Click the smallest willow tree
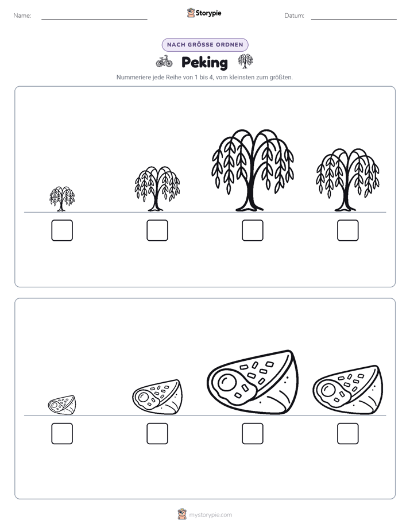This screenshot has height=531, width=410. click(x=62, y=199)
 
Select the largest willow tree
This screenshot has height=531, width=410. click(x=253, y=170)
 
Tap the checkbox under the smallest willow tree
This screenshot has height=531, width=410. click(x=62, y=230)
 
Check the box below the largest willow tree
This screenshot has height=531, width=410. click(x=253, y=230)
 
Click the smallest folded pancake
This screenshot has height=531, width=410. click(x=62, y=405)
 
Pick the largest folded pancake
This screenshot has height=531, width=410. click(x=253, y=382)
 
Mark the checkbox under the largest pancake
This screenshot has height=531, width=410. click(x=253, y=433)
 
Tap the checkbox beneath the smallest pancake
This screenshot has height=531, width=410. click(x=62, y=433)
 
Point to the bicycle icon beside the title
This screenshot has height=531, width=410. click(x=164, y=61)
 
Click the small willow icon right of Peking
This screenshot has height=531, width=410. click(x=245, y=61)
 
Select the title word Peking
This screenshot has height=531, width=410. click(x=204, y=63)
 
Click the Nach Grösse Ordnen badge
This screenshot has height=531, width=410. click(x=205, y=45)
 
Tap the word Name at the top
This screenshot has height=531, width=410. click(x=22, y=16)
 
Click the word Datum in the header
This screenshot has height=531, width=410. click(x=294, y=16)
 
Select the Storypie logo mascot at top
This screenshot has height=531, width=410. click(x=191, y=13)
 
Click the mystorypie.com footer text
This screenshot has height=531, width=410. click(x=210, y=515)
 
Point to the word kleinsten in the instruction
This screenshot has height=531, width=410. click(x=242, y=77)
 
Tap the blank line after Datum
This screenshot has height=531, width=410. click(x=354, y=19)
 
